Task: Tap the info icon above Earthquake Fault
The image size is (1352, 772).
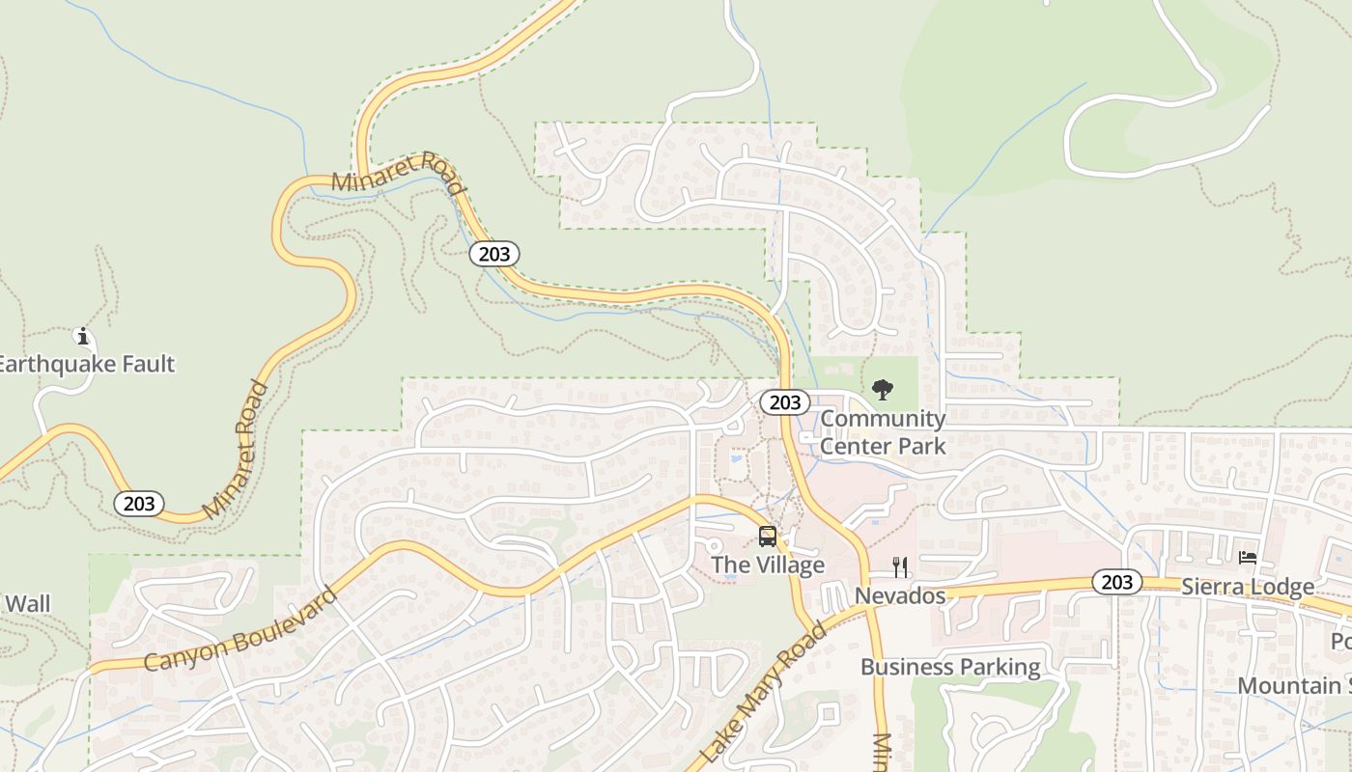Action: click(83, 337)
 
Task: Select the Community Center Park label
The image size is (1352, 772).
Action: click(883, 432)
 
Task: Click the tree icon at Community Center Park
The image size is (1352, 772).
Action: click(882, 390)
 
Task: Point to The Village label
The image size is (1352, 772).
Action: click(768, 565)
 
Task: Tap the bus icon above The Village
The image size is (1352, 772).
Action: click(768, 537)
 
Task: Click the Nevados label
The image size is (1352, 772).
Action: click(900, 595)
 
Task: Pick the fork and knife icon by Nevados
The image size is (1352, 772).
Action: click(900, 566)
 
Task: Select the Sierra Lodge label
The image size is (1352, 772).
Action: click(1248, 587)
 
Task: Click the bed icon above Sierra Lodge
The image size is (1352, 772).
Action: click(1248, 558)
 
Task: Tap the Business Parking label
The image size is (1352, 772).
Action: click(950, 667)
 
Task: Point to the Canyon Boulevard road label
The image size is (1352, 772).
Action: click(241, 628)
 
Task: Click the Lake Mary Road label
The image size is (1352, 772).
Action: click(764, 693)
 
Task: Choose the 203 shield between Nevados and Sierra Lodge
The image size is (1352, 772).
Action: click(1117, 582)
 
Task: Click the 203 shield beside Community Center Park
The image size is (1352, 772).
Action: click(784, 401)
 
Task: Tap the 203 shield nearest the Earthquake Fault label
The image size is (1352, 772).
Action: click(139, 503)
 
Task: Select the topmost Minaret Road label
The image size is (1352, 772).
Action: click(397, 172)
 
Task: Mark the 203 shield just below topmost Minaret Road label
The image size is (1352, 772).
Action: click(494, 254)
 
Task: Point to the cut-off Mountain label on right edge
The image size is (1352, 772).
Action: click(1294, 686)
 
